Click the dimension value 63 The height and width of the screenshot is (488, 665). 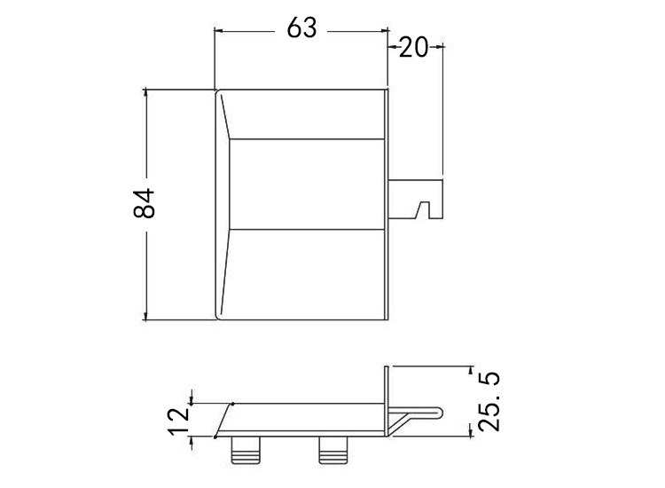point(301,28)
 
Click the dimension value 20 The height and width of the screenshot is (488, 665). point(413,47)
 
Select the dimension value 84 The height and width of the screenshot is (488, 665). point(144,203)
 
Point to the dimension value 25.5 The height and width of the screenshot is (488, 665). point(489,401)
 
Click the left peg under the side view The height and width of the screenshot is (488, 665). point(246,450)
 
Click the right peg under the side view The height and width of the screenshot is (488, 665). point(333,450)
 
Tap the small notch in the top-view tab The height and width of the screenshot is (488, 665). point(423,210)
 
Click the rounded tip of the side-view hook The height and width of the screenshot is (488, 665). point(441,412)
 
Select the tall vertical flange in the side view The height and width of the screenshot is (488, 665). point(387,401)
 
